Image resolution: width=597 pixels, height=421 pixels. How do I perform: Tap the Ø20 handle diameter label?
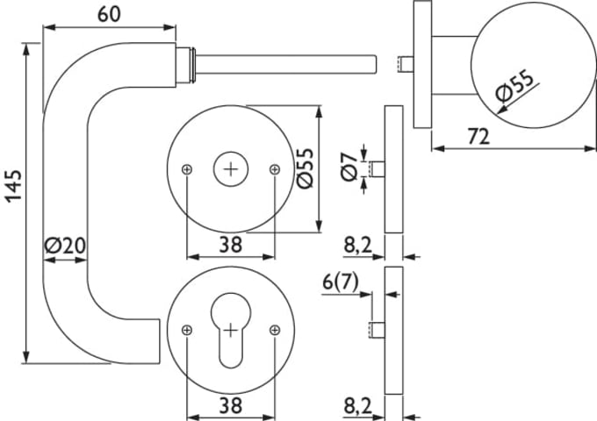(64, 246)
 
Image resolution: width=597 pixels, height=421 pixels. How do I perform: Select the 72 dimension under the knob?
(478, 137)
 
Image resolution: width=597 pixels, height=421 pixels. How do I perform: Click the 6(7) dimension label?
(342, 282)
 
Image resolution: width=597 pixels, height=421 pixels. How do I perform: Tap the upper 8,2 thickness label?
(358, 246)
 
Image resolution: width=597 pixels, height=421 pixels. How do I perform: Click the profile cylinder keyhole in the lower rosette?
(230, 336)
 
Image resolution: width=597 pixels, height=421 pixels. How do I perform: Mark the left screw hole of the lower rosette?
(187, 330)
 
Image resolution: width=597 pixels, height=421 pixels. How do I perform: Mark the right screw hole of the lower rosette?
(274, 330)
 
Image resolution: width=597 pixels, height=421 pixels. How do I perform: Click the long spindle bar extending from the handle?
(290, 62)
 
